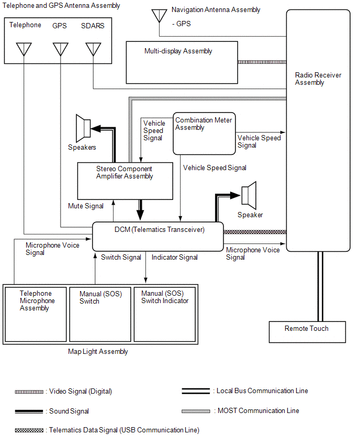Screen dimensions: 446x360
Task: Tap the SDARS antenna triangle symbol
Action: [93, 49]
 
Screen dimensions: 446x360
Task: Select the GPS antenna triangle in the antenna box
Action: [60, 49]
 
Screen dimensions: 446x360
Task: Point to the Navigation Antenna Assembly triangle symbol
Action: [159, 15]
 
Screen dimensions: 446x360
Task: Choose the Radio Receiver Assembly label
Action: [318, 79]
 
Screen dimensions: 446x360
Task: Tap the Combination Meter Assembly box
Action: [204, 133]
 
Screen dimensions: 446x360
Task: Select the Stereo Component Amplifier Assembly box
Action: [125, 181]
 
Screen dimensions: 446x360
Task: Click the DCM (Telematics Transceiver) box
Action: [157, 236]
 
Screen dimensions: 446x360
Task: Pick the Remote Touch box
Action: [307, 331]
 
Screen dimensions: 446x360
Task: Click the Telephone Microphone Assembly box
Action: [36, 314]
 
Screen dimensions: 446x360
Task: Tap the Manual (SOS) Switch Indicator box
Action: [165, 314]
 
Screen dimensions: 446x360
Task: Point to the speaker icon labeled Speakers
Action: [83, 127]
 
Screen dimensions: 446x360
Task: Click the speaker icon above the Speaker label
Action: [249, 195]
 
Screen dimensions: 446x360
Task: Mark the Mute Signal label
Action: [86, 206]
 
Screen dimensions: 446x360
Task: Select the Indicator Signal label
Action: [175, 258]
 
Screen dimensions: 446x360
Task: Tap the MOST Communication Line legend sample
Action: [196, 411]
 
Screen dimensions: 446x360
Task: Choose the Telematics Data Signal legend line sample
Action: [29, 430]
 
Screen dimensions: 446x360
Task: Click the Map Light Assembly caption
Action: [98, 352]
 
